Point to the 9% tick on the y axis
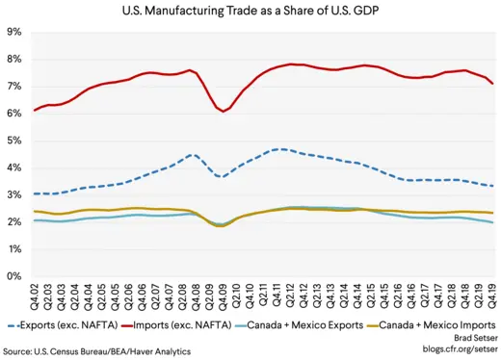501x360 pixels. pos(14,32)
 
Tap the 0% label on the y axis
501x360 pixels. pos(14,276)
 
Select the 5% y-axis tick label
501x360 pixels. pos(14,141)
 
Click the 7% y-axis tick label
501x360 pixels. pos(14,87)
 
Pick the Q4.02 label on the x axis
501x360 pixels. pos(36,295)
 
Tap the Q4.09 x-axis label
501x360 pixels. pos(224,295)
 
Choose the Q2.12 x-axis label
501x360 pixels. pos(292,295)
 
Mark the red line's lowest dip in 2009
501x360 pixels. pos(224,112)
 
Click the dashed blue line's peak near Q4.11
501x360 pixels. pos(279,149)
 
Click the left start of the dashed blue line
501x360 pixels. pos(36,193)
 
